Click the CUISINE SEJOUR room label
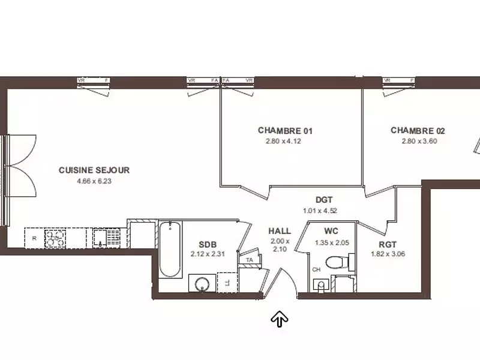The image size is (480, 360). coord(94,170)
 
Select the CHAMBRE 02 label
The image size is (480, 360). coord(418,130)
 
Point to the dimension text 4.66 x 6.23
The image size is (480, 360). coord(94,181)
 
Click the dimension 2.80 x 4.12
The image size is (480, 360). coord(282,142)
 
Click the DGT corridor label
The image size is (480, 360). coord(324,200)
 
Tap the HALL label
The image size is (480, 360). coord(280,231)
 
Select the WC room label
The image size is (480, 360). coord(331,231)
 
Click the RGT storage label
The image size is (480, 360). coord(387,244)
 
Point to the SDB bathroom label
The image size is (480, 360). coord(208,244)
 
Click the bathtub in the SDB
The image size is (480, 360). coord(170,249)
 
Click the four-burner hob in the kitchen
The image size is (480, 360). coord(56,238)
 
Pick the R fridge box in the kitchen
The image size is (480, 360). coord(34,238)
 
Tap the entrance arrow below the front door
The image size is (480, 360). coord(279,319)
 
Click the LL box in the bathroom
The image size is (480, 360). coord(227,281)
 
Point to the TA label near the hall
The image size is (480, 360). coord(249,260)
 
